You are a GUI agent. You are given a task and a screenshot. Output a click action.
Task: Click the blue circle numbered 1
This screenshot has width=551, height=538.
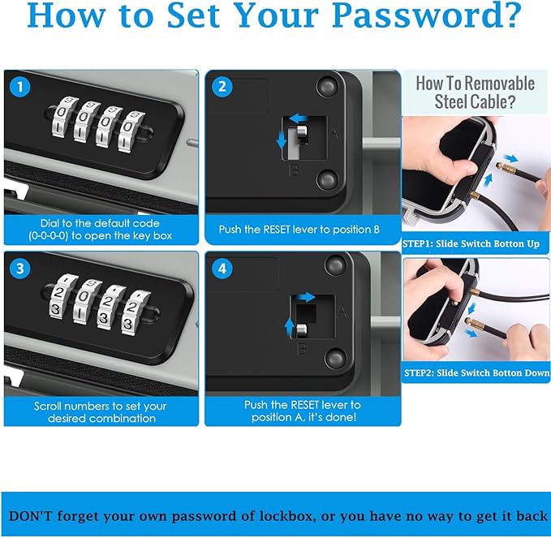pos(20,87)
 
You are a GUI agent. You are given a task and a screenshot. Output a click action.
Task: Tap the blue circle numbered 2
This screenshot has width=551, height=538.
pos(222,87)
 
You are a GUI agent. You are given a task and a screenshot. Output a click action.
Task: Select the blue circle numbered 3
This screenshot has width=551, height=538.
pos(20,269)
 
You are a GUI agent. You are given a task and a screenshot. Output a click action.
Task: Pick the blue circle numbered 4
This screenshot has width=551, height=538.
pos(222,269)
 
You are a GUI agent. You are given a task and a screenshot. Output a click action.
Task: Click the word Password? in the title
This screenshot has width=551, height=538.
pos(427,15)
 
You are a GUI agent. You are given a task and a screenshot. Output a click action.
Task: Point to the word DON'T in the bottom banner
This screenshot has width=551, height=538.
pos(30,516)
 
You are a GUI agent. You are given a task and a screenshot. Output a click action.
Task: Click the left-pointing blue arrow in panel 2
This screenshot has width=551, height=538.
pos(299,118)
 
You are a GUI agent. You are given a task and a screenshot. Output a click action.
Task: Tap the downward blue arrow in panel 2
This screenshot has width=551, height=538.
pos(282,140)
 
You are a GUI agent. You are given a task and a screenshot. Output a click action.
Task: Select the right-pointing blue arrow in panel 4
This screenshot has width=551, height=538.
pos(306,297)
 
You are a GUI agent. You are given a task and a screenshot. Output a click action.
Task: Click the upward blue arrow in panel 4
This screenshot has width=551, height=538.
pos(289,327)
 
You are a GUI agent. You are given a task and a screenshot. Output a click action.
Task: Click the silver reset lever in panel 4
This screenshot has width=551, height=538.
pos(302,331)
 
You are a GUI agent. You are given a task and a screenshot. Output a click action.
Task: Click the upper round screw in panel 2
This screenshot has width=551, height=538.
pos(326,87)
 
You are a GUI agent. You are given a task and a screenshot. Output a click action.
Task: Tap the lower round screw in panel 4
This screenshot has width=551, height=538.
pos(336,359)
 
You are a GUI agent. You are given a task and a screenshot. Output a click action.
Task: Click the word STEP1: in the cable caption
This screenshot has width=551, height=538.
pos(417,244)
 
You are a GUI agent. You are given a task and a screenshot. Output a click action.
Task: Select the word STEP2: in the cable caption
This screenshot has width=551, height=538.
pos(419,372)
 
